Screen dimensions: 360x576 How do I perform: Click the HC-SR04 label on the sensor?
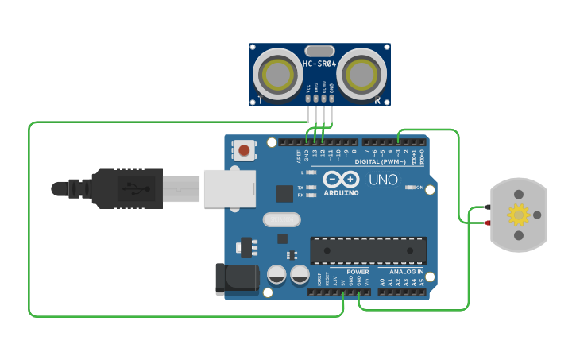pyautogui.click(x=319, y=64)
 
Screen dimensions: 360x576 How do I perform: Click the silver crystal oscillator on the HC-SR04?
pyautogui.click(x=319, y=51)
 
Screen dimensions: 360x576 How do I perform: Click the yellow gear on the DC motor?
pyautogui.click(x=519, y=215)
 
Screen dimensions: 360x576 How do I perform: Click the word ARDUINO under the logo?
pyautogui.click(x=340, y=192)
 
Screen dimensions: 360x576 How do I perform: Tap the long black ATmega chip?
pyautogui.click(x=368, y=250)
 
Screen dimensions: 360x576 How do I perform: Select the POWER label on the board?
pyautogui.click(x=358, y=272)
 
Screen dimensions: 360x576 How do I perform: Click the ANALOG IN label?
pyautogui.click(x=406, y=272)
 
